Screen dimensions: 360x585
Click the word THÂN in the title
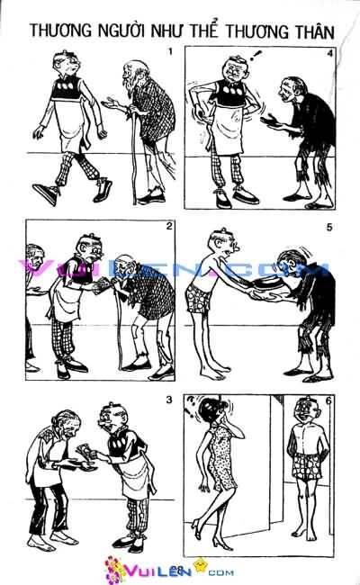313,31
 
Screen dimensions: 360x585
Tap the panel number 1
171,51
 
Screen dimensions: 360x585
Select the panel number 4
329,53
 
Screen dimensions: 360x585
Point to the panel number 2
169,226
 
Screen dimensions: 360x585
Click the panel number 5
329,227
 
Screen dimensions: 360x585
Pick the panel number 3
169,400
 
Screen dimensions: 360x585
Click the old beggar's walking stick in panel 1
134,157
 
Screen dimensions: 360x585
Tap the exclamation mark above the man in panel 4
256,56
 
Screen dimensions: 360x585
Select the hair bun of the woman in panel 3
57,420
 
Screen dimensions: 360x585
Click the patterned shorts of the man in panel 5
198,298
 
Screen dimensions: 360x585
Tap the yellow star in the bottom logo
201,563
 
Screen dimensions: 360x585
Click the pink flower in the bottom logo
113,569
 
